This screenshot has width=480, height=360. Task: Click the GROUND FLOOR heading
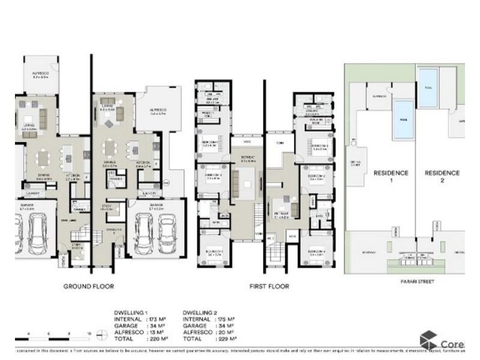(x=88, y=287)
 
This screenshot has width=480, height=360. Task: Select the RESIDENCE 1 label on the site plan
(x=391, y=176)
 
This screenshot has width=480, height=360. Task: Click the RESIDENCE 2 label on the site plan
(x=442, y=176)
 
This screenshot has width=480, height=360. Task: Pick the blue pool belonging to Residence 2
(x=428, y=79)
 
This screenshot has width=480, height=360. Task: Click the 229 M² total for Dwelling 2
(x=224, y=339)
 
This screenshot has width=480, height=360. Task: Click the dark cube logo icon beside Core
(x=428, y=339)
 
